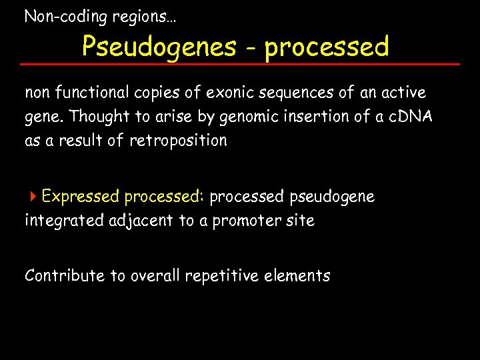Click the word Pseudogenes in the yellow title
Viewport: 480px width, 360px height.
click(159, 47)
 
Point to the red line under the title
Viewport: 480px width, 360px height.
click(240, 64)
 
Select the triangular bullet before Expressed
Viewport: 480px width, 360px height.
click(33, 197)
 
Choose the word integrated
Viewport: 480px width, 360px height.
click(64, 221)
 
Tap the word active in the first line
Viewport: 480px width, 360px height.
click(402, 92)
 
